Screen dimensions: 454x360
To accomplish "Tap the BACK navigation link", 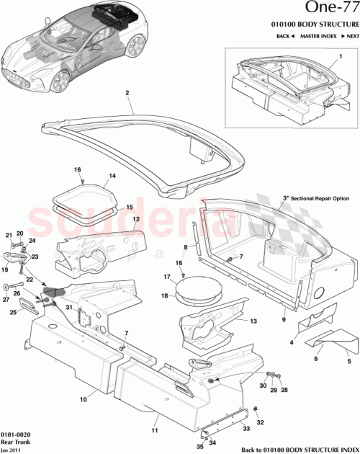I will click(x=284, y=35).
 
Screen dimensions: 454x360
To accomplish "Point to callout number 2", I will click(x=127, y=93).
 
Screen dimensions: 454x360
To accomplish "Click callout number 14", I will click(x=112, y=176).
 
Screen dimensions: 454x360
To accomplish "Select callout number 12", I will click(x=135, y=219).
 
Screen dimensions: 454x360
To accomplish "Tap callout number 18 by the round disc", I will click(x=166, y=296).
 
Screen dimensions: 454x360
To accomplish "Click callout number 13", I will click(x=253, y=321).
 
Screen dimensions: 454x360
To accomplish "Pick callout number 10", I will click(x=83, y=397).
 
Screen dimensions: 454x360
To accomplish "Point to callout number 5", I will click(x=348, y=362).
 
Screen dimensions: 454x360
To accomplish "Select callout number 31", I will click(x=70, y=308).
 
